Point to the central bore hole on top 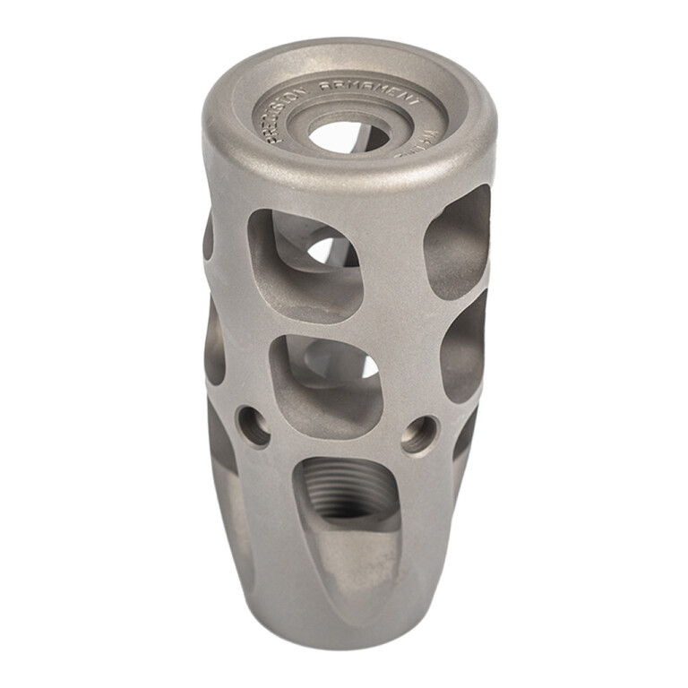pos(348,135)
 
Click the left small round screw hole pos(254,426)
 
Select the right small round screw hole pos(418,434)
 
